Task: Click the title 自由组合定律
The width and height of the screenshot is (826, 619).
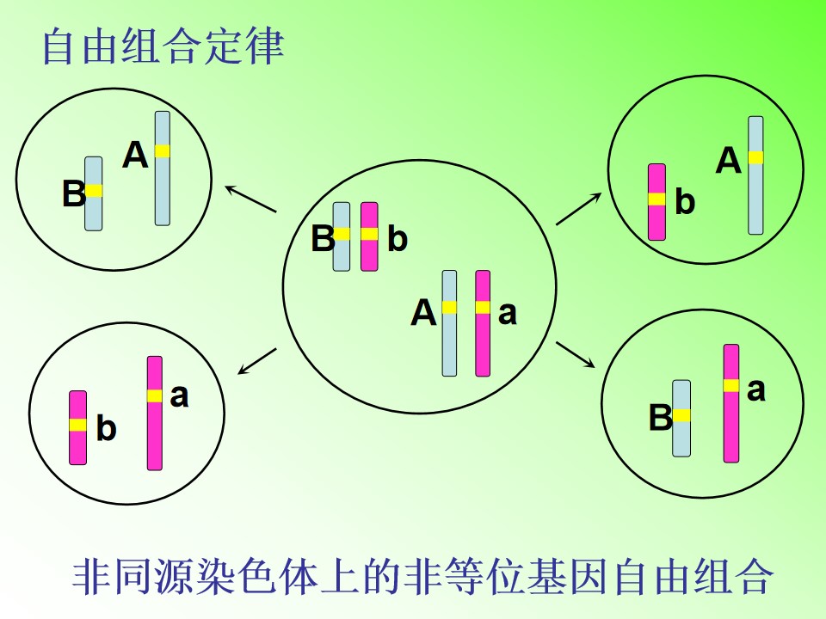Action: (x=163, y=46)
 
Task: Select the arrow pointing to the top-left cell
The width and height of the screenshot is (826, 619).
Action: (x=250, y=199)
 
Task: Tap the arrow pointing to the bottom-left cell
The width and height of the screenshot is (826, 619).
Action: (x=257, y=361)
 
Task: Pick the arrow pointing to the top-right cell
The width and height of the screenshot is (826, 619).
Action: (x=579, y=209)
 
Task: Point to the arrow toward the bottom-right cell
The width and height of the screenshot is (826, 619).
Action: (x=576, y=355)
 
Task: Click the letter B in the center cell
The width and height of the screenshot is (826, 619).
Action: (x=323, y=238)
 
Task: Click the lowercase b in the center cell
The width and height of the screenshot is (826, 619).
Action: (x=398, y=239)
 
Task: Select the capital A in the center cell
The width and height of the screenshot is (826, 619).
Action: (x=423, y=312)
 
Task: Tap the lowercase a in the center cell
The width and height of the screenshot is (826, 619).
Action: (x=508, y=314)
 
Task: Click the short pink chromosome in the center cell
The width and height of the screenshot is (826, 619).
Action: (x=369, y=236)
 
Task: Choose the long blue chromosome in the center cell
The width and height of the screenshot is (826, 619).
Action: (x=449, y=323)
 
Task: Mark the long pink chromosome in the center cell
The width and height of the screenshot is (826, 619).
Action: (x=483, y=323)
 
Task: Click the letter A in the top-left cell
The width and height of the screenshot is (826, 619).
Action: (x=135, y=156)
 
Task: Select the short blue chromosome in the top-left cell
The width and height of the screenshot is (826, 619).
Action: (x=94, y=193)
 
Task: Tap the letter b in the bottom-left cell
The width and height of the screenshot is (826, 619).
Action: (x=107, y=428)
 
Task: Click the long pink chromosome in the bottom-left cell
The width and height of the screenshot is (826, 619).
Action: (x=155, y=414)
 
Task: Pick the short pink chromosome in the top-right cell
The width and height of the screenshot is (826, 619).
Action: (x=656, y=202)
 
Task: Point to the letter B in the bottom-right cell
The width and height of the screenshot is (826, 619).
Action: (x=661, y=418)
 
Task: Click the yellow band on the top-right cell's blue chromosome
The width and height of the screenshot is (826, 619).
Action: (x=756, y=157)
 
